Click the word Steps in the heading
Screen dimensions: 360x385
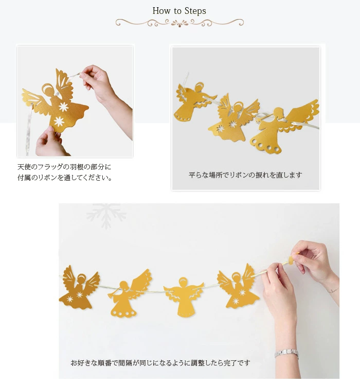(x=195, y=11)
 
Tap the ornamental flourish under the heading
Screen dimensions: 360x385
(x=179, y=23)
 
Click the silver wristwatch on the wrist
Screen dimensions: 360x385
(x=286, y=353)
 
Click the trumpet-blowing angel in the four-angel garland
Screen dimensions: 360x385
(x=129, y=293)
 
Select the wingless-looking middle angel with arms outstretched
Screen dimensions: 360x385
(x=184, y=296)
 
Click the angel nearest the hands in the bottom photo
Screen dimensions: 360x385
(x=238, y=287)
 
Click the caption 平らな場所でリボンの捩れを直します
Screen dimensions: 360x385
(x=245, y=175)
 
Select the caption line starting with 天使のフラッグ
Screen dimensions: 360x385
(x=64, y=167)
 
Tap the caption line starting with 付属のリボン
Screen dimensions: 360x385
(x=65, y=177)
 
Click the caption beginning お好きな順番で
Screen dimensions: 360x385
(x=160, y=363)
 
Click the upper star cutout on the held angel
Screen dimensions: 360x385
(x=63, y=107)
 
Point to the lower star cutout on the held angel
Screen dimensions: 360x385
(x=59, y=121)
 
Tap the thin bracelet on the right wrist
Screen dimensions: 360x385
(x=333, y=290)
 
